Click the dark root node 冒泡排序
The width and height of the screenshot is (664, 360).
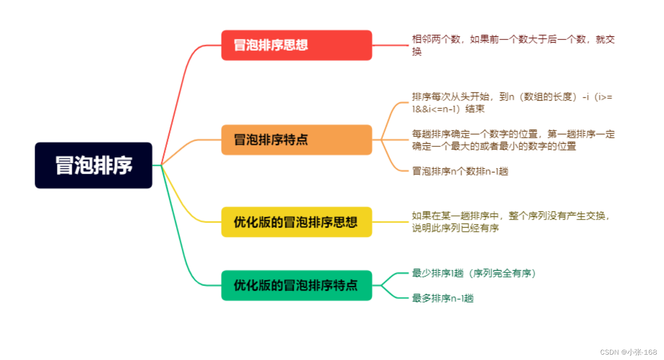(x=93, y=165)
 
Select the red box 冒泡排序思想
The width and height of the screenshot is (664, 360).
(x=296, y=45)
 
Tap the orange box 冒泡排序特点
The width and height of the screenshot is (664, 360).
(x=296, y=140)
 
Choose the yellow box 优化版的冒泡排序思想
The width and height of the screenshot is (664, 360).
(x=296, y=222)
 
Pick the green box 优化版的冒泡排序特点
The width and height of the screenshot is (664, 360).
(x=296, y=285)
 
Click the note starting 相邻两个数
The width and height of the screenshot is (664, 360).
(x=513, y=45)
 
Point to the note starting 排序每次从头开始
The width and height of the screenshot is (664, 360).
(x=513, y=102)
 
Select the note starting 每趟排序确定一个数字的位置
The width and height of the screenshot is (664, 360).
(x=513, y=140)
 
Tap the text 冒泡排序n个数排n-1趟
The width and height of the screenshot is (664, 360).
(x=460, y=171)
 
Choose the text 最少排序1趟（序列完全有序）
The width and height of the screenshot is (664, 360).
(x=474, y=273)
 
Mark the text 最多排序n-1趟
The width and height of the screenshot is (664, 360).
(x=443, y=298)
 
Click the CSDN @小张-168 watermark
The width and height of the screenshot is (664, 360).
(x=628, y=352)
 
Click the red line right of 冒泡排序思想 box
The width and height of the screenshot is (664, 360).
(x=390, y=45)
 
